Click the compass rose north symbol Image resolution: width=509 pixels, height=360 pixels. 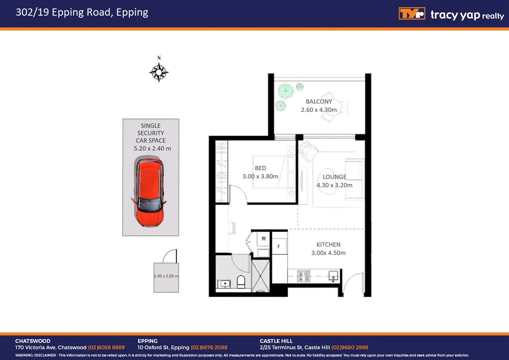point(159,72)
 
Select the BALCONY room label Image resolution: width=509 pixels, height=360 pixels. point(319,102)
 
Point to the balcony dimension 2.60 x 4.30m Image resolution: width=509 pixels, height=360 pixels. point(319,110)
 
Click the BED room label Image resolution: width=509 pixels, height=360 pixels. point(260,168)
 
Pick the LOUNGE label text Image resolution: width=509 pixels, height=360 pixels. point(334,177)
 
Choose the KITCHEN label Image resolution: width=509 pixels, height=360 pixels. point(328,245)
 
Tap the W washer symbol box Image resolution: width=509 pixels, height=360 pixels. point(263,239)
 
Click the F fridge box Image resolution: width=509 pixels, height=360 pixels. point(279,247)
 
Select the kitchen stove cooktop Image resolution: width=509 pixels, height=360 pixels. point(303,276)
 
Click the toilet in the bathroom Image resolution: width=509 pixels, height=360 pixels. point(241,282)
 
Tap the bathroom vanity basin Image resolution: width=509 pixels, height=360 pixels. point(224,284)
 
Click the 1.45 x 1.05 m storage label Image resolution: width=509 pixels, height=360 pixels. point(166,276)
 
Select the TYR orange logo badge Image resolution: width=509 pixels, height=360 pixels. point(412,14)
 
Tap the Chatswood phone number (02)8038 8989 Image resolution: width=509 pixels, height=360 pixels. point(106,347)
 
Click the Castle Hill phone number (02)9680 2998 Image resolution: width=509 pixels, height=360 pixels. point(349,347)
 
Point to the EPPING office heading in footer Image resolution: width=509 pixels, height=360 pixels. point(148,341)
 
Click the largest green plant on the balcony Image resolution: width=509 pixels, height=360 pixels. point(286,91)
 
